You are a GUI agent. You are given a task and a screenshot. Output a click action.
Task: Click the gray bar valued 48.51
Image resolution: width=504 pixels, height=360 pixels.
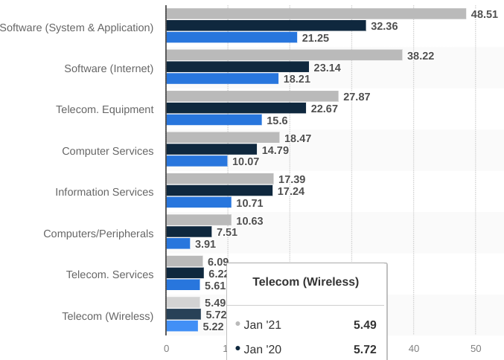pos(316,14)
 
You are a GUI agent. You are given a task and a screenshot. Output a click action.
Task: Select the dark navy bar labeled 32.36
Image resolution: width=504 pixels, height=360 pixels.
pos(266,26)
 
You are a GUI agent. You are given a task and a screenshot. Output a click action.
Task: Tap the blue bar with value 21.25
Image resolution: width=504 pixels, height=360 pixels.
pos(232,38)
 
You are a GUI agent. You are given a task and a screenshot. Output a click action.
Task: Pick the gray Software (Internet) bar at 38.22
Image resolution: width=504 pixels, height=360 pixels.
pos(284,55)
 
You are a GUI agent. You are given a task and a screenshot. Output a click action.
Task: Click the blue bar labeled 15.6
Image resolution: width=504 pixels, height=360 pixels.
pos(214,120)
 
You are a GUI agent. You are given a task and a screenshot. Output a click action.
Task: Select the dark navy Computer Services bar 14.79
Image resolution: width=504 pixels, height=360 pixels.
pos(211,150)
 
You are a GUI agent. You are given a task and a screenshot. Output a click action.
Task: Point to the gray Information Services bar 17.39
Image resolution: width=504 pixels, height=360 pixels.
pos(220,179)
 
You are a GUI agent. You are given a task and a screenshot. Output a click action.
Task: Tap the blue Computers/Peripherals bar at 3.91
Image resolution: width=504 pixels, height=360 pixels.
pos(178,243)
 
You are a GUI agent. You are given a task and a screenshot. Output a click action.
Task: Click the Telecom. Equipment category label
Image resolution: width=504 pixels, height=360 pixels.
pos(105,109)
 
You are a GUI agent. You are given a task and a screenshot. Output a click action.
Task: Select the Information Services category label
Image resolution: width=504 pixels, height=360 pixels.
pos(104,192)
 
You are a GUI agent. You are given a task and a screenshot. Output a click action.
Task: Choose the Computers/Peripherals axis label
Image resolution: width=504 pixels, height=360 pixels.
pos(98,234)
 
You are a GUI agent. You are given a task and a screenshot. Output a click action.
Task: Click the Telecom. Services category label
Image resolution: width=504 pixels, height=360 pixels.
pos(109,274)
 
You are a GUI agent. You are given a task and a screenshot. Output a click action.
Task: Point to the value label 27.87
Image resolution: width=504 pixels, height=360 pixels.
pos(357,97)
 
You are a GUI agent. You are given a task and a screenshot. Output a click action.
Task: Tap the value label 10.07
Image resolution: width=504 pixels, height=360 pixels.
pos(246,161)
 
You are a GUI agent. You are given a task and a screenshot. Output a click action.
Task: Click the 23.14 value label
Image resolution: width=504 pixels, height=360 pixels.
pos(328,68)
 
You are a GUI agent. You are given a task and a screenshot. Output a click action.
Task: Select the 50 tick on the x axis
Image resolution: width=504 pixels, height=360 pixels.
pos(476,349)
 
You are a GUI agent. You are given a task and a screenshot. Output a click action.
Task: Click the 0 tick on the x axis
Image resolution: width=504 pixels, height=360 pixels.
pos(166,349)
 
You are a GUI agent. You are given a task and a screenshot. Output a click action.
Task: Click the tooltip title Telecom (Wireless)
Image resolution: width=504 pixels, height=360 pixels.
pos(305,282)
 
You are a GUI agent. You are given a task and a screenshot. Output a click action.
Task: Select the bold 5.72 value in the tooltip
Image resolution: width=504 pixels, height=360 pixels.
pos(365,349)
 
